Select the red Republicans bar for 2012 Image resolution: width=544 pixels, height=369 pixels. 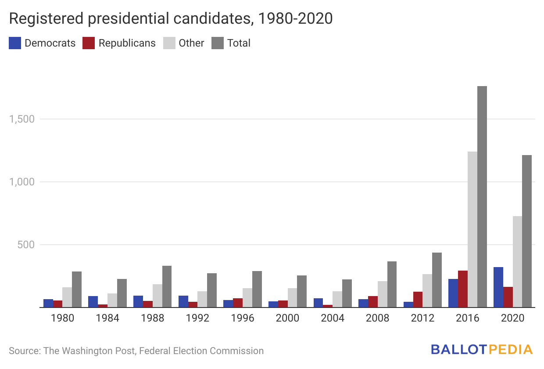(x=418, y=300)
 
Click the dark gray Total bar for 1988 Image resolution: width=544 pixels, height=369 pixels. (x=167, y=286)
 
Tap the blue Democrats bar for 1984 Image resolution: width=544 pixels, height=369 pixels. (x=93, y=302)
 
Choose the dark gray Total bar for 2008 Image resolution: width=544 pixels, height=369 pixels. (x=392, y=284)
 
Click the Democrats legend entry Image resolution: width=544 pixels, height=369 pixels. (x=42, y=43)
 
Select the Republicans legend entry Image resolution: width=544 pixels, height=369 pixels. (x=119, y=43)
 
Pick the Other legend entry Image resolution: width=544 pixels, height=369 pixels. (x=184, y=43)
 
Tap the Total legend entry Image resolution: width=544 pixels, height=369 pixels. (x=231, y=43)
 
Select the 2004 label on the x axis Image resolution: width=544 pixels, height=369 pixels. (x=333, y=318)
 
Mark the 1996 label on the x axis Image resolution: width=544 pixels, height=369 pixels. (x=243, y=318)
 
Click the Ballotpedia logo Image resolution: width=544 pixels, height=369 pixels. (x=481, y=350)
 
